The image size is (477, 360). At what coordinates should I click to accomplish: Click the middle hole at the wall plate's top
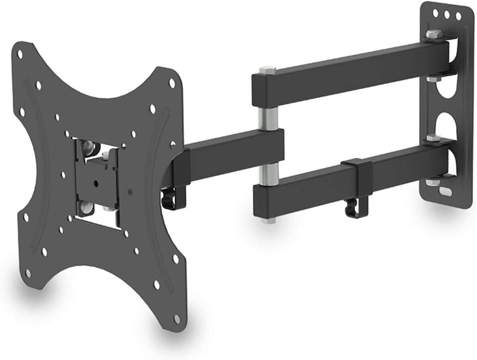click(448, 14)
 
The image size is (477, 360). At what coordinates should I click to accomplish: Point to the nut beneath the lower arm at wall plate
click(431, 182)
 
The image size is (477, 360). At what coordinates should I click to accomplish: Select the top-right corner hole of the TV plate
click(172, 83)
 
